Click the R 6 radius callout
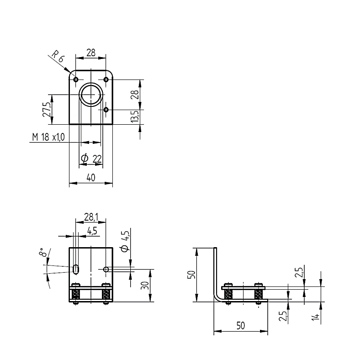coord(57,57)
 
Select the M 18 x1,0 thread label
coord(48,137)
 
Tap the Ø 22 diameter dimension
coord(91,158)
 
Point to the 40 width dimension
coord(91,177)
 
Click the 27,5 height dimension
coord(47,109)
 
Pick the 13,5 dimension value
coord(135,116)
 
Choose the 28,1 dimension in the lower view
coord(91,217)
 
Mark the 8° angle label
coord(43,252)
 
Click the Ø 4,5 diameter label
coord(125,242)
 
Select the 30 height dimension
coord(145,286)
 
